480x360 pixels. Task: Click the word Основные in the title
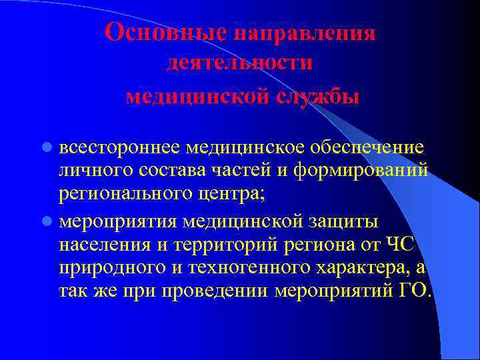point(167,32)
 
